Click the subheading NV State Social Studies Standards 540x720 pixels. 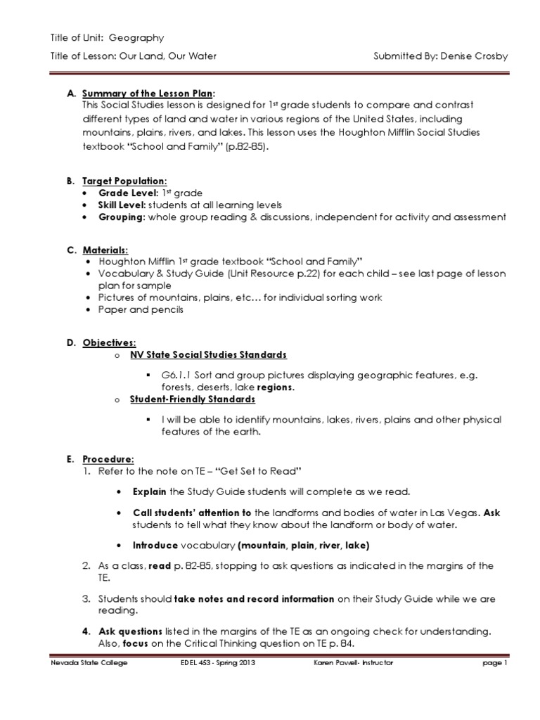[x=208, y=355]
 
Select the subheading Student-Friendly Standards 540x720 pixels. [x=192, y=399]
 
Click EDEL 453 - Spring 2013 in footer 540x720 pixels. [x=212, y=664]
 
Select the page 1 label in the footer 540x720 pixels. [x=495, y=664]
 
